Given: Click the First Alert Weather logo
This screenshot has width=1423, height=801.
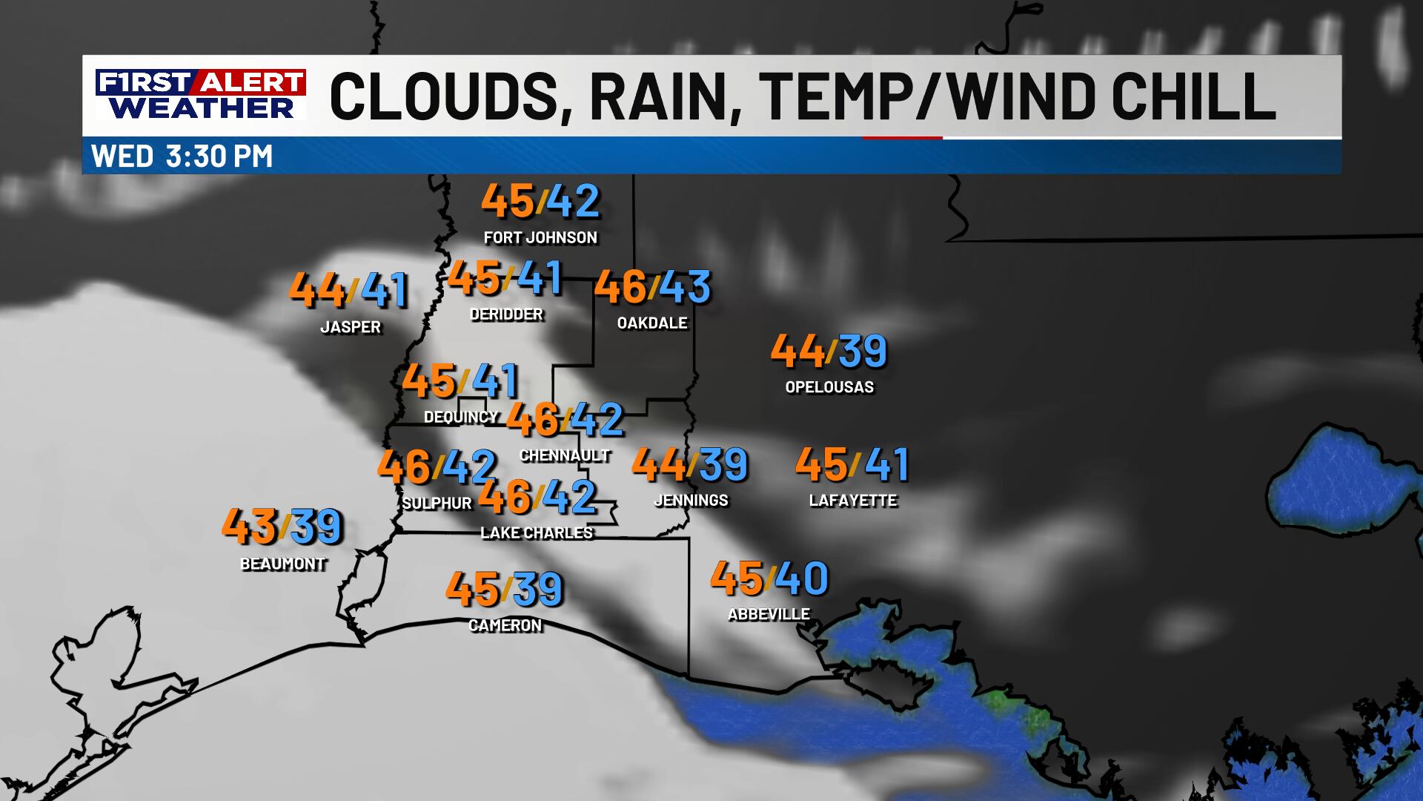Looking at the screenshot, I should tap(200, 94).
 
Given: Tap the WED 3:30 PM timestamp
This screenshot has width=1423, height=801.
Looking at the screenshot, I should tap(182, 156).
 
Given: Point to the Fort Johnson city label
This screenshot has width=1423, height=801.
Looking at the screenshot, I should tap(540, 237).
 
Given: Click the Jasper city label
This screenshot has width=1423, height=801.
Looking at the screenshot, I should tap(351, 327).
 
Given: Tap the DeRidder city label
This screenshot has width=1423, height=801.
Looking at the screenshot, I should tap(506, 314).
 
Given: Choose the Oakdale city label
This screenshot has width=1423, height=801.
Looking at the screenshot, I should tap(652, 323).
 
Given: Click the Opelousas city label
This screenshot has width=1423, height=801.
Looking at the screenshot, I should tap(829, 386).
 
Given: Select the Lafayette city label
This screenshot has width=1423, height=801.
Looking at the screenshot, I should tap(852, 501).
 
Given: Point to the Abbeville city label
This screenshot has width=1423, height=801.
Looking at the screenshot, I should tap(769, 614).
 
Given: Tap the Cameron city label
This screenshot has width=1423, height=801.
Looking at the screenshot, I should tap(505, 625).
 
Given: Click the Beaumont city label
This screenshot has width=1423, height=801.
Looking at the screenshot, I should tap(283, 564).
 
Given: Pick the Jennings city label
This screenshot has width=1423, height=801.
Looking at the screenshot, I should tap(691, 501).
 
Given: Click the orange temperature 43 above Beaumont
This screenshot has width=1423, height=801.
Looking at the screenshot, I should tap(250, 526).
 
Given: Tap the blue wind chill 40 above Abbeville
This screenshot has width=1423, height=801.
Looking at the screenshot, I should tap(801, 578).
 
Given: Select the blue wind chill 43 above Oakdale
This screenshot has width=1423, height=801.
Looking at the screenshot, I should tap(685, 287).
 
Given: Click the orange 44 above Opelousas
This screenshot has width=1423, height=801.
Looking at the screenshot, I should tap(797, 351).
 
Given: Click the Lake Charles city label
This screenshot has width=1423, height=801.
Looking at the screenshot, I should tap(537, 533).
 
